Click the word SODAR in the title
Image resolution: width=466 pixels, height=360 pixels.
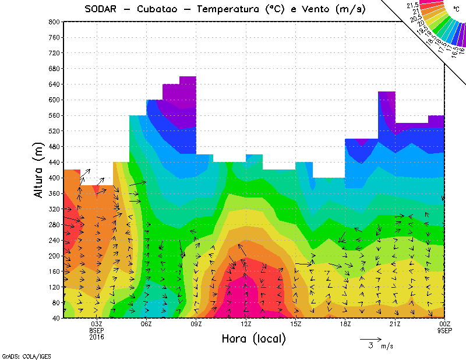tap(103, 9)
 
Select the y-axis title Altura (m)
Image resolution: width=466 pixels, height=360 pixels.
tap(38, 169)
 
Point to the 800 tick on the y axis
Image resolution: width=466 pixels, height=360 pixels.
tap(54, 22)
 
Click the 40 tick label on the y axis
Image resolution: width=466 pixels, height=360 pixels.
tap(56, 318)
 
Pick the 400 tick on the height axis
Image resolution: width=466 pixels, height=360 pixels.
tap(54, 178)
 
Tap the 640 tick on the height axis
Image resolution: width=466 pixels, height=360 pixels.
tap(54, 84)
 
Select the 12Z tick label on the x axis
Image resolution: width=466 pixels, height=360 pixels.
tap(246, 324)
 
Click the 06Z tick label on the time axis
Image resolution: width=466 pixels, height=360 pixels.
tap(146, 324)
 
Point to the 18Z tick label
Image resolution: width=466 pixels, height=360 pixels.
tap(345, 324)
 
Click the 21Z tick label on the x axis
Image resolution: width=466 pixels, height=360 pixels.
tap(395, 324)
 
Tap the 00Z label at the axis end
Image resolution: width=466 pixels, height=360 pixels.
tap(445, 324)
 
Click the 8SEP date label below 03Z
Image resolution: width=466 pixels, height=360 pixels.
tap(96, 330)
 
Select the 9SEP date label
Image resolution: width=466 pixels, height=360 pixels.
tap(445, 330)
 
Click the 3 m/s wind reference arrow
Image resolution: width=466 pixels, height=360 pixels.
tap(370, 338)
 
